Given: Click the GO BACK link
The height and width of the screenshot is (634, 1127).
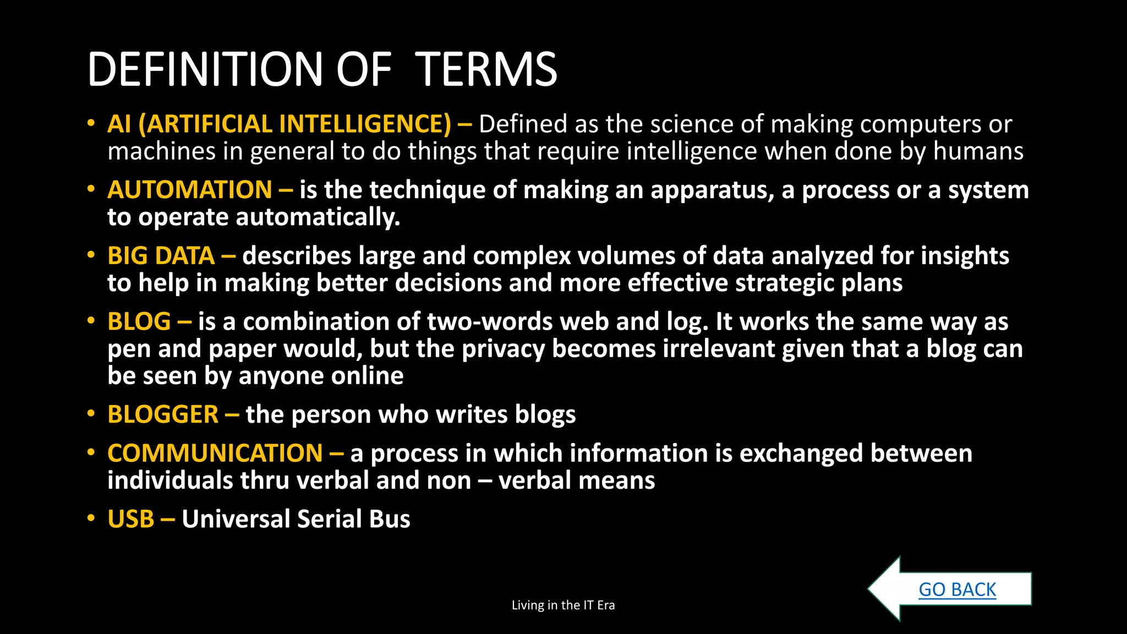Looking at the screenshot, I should point(957,589).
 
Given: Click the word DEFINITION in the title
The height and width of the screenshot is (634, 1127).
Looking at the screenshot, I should point(205,69).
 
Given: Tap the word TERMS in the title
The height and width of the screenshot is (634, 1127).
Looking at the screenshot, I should point(486,69).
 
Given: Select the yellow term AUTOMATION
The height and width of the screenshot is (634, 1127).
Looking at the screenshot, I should point(190,190).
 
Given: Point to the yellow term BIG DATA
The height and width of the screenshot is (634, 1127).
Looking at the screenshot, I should point(161,256).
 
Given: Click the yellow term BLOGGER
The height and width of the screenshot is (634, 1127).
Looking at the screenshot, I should point(163,414).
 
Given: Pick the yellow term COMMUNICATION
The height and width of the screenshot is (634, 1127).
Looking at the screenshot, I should point(215,453).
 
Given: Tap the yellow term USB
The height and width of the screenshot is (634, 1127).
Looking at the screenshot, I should point(131,519).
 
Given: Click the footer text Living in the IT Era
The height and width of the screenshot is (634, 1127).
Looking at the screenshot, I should point(563,605).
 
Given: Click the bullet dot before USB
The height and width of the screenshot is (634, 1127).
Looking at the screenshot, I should point(91,518).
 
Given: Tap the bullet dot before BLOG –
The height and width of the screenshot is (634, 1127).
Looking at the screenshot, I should point(91,320).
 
